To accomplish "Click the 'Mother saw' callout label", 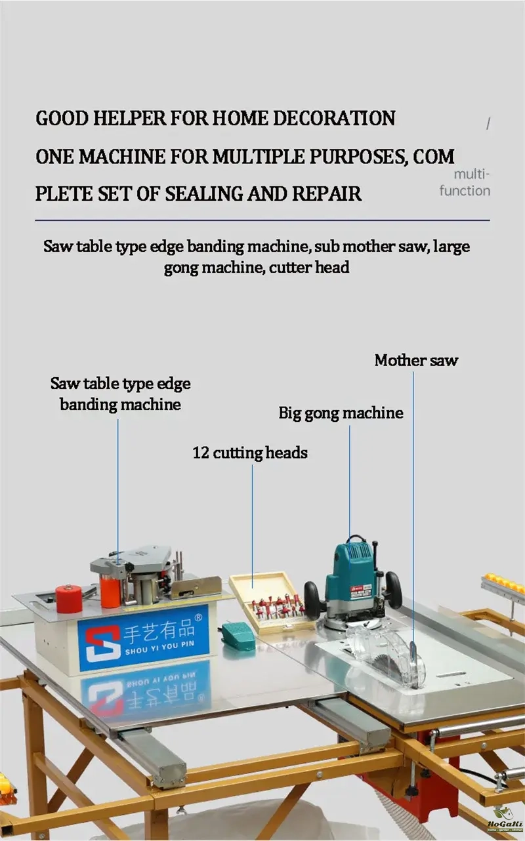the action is [x=416, y=360].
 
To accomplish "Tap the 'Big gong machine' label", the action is [x=341, y=413].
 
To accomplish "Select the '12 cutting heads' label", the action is [x=250, y=453].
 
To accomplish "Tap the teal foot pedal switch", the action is [x=236, y=632].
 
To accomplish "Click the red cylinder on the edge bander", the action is [x=69, y=598].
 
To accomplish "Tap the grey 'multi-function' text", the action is [x=465, y=182].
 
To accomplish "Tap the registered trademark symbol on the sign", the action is [x=199, y=617].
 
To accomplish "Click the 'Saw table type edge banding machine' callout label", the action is [x=120, y=394].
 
